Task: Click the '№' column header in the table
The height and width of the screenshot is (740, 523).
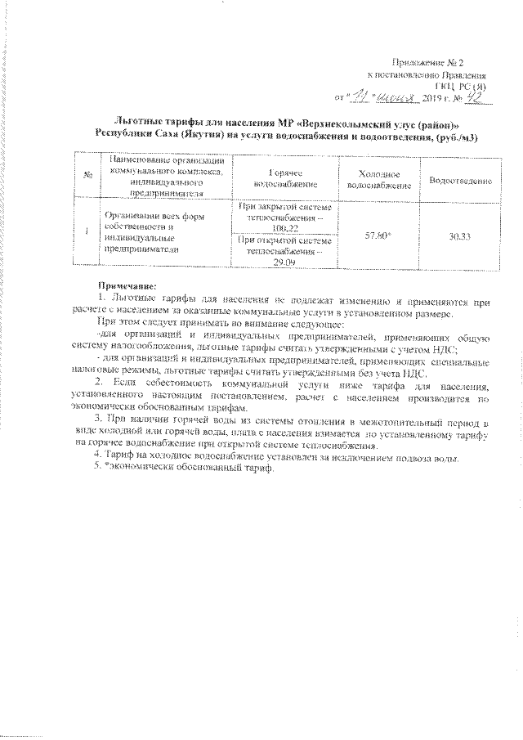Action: coord(87,174)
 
